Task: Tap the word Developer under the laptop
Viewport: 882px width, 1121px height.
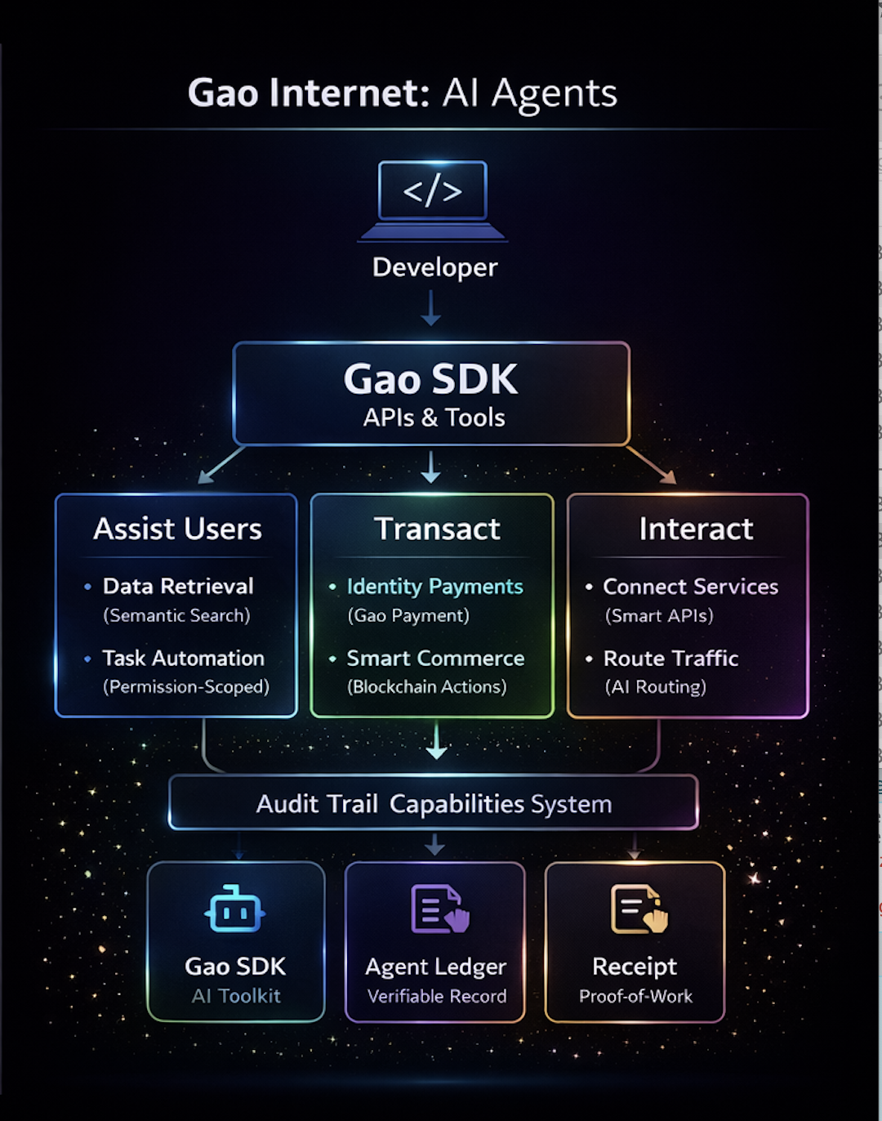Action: (x=434, y=267)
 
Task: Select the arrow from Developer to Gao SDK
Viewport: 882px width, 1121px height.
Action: (x=431, y=308)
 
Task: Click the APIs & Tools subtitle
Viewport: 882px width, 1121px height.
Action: (x=434, y=418)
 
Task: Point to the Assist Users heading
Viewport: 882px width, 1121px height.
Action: (x=177, y=529)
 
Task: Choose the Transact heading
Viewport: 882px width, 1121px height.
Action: (x=437, y=529)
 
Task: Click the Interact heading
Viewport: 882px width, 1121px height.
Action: (x=696, y=529)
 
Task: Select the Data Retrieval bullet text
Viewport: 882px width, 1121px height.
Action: (x=178, y=586)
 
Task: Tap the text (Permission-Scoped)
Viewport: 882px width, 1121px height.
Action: (x=186, y=687)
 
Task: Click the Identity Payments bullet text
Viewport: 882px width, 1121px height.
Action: (x=434, y=587)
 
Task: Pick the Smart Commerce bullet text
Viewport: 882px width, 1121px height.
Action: (x=435, y=658)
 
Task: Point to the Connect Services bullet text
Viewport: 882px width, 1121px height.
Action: (x=690, y=587)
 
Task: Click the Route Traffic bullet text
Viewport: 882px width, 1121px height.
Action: (x=670, y=658)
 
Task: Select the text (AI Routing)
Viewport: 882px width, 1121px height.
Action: (x=656, y=687)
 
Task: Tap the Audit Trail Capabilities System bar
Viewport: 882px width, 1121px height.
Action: (x=434, y=804)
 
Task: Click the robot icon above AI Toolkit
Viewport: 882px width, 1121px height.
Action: (x=235, y=909)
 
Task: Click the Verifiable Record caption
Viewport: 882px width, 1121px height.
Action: (x=437, y=996)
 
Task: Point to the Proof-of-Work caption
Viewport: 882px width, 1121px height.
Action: (x=635, y=996)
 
